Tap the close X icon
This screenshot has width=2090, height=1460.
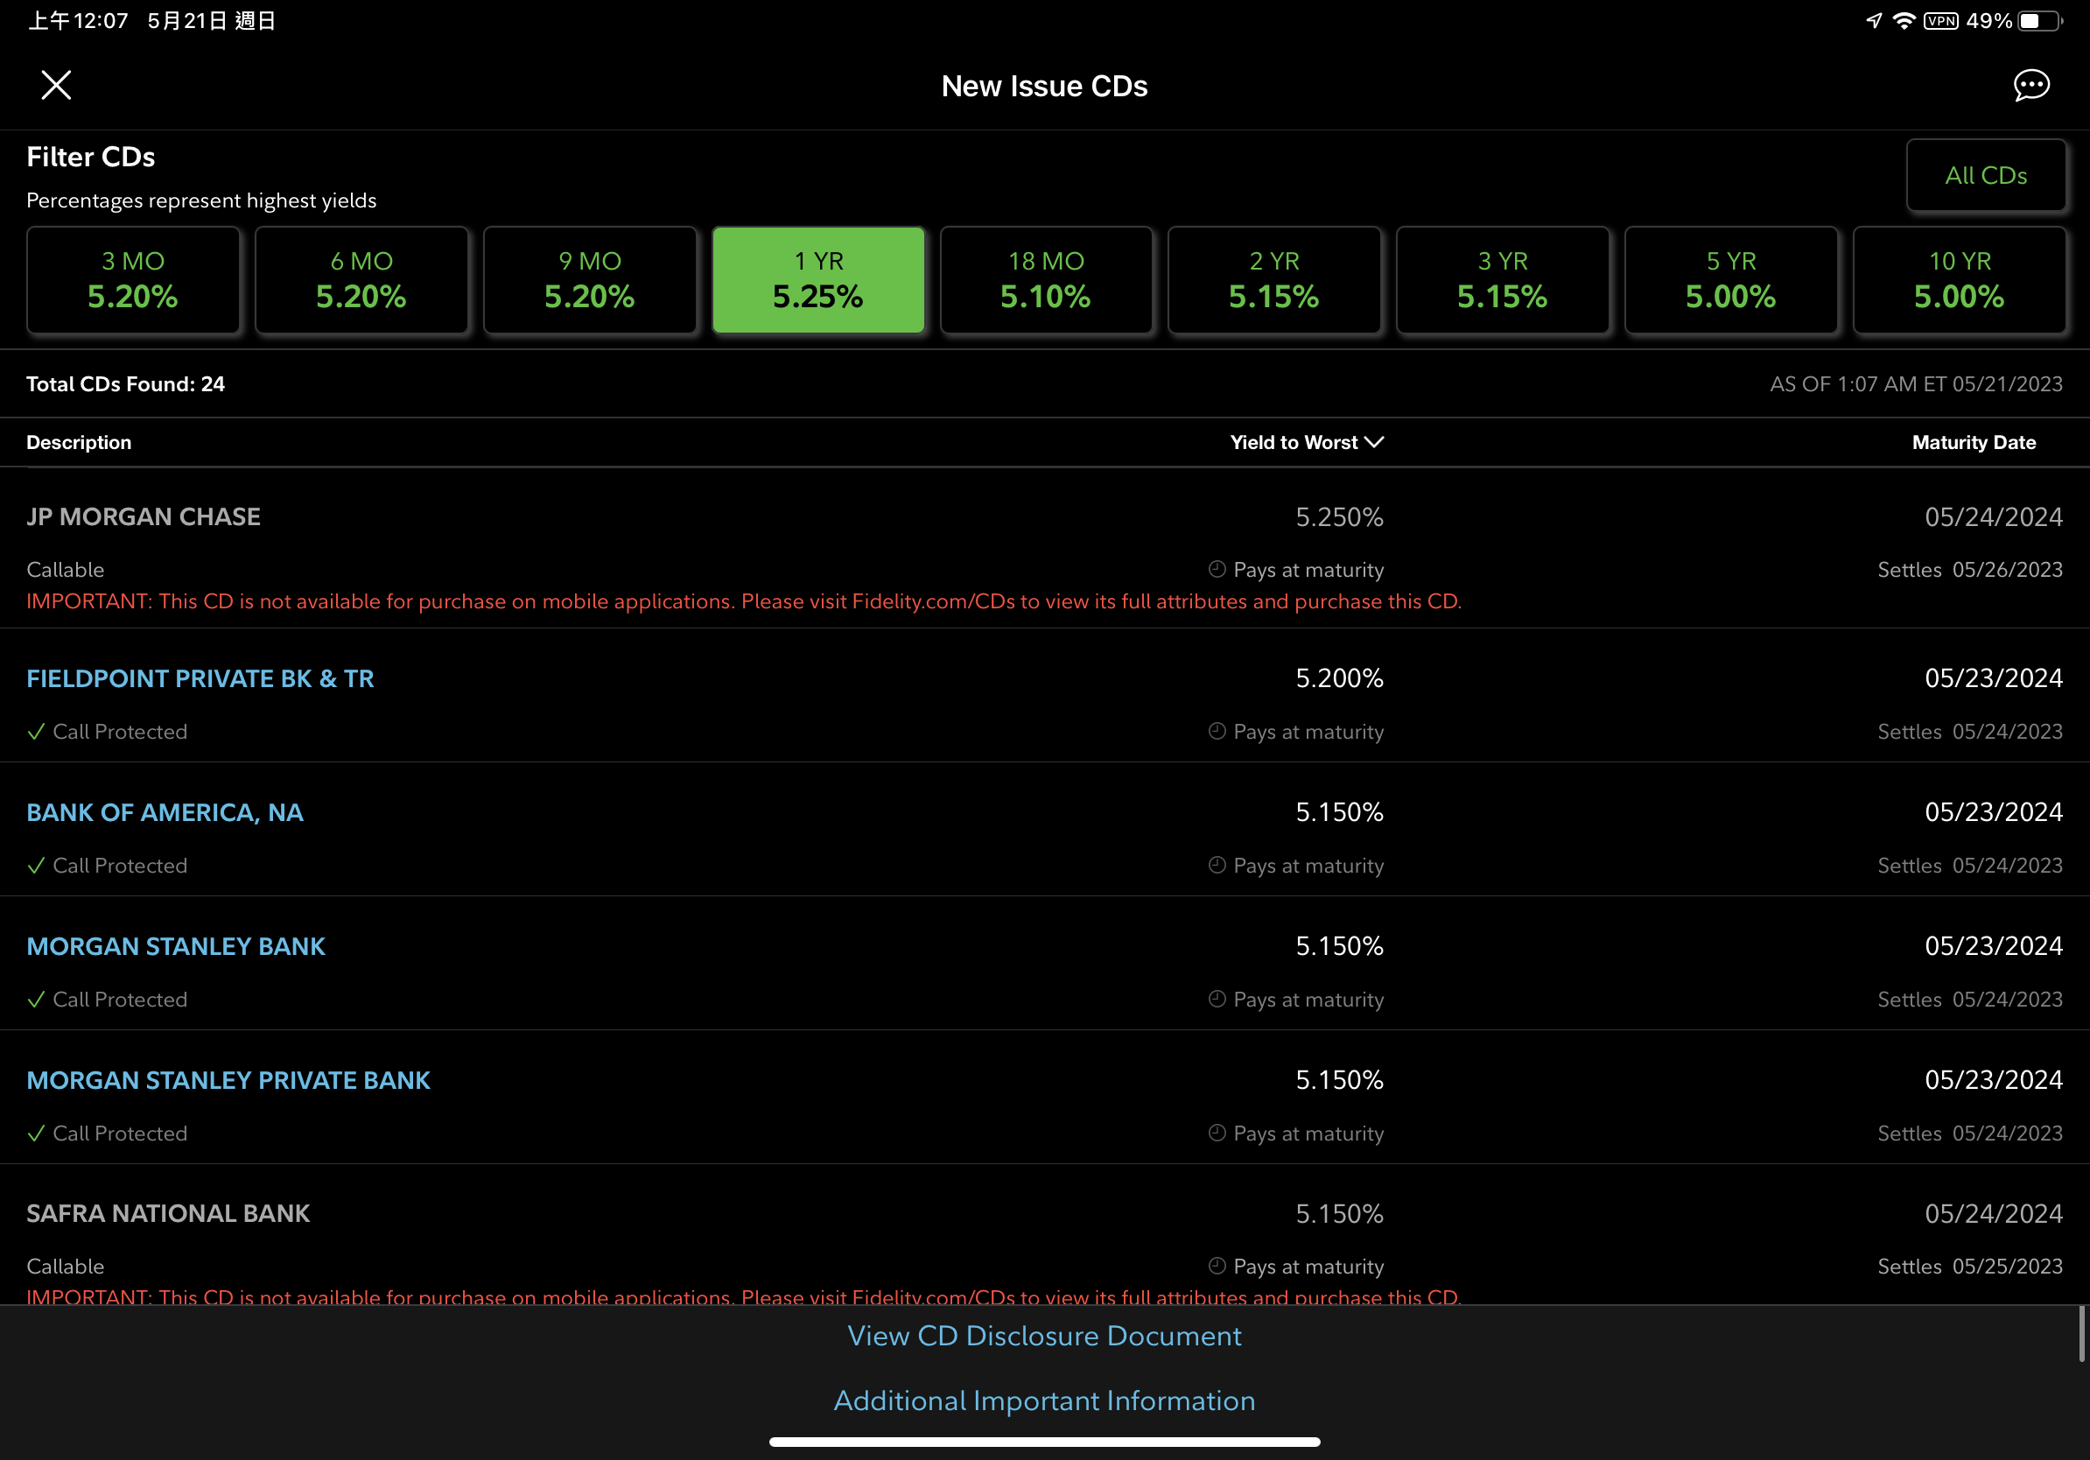(56, 86)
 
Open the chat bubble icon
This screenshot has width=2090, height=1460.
(2030, 86)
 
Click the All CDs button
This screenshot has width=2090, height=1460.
(1985, 176)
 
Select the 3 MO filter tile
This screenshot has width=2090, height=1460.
(133, 280)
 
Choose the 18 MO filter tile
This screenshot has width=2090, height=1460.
(1046, 280)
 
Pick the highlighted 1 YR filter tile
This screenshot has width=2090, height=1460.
(817, 280)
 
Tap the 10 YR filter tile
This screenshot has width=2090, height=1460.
(1959, 280)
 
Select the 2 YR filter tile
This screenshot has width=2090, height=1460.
(1273, 280)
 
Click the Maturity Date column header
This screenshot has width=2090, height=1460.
(1974, 442)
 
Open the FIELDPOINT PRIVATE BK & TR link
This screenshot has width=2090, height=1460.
(200, 679)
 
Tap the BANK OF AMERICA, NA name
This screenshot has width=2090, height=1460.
(165, 813)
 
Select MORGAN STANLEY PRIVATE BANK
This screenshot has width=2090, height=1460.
(228, 1080)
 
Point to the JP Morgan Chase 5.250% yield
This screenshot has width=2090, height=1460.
(1339, 517)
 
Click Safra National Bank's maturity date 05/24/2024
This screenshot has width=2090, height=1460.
(1993, 1213)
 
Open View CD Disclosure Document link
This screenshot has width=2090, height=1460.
(1044, 1336)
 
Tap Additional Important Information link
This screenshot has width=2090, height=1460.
(1044, 1400)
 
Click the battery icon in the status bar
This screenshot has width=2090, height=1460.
(2038, 21)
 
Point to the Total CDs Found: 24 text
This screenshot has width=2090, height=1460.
(126, 384)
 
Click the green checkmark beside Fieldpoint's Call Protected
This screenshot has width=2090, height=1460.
(37, 732)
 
